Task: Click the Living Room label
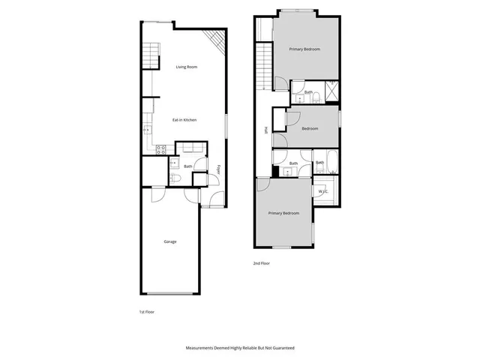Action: (x=186, y=67)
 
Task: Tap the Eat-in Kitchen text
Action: (x=184, y=120)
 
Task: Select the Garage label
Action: (x=170, y=241)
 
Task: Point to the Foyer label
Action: (x=218, y=169)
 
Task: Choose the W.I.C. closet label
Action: (x=324, y=191)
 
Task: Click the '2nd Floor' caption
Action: (x=261, y=263)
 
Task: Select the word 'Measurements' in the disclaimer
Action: (x=200, y=349)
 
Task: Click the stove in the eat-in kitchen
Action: (x=160, y=149)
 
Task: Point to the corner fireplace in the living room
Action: (x=216, y=43)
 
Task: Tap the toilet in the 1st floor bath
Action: (x=173, y=178)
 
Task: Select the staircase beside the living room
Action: (x=151, y=56)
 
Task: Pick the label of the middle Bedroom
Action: (x=310, y=128)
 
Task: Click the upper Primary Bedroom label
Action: (x=304, y=49)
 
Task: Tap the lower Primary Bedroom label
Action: (x=283, y=214)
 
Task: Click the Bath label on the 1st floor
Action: (x=187, y=166)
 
